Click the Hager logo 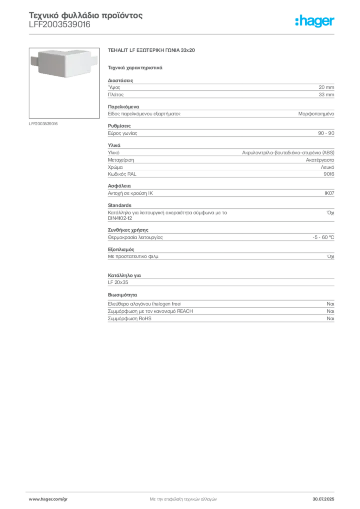314,21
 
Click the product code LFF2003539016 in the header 60,25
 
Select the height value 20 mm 326,87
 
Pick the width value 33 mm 326,95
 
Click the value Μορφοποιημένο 316,114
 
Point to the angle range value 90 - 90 326,133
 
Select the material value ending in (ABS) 288,152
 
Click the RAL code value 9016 329,174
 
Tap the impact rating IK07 329,193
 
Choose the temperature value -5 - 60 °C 323,237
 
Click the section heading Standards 120,205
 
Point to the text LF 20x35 118,282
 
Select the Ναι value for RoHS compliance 330,319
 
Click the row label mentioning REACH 151,311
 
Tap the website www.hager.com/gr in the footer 48,499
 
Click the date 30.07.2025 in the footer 323,499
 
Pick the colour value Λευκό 327,167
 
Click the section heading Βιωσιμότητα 122,295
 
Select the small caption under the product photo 43,124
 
